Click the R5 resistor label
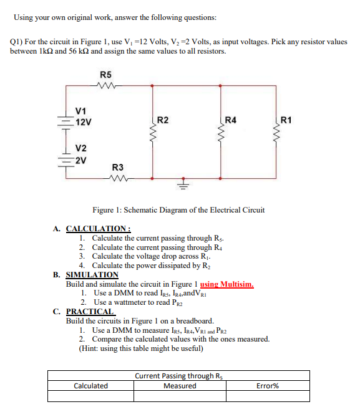click(106, 75)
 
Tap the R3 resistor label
click(117, 167)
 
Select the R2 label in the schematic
click(162, 119)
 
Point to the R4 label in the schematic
click(230, 119)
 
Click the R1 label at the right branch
click(287, 119)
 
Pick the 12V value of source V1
click(82, 122)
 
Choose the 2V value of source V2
click(80, 159)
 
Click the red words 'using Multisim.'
click(226, 284)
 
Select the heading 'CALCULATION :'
click(92, 229)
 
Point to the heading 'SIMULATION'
click(92, 275)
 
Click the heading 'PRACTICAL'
click(90, 311)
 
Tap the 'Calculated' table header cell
click(90, 386)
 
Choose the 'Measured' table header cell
click(180, 386)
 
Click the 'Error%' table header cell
click(268, 386)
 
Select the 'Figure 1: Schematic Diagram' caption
click(178, 210)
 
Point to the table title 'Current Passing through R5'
click(178, 376)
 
